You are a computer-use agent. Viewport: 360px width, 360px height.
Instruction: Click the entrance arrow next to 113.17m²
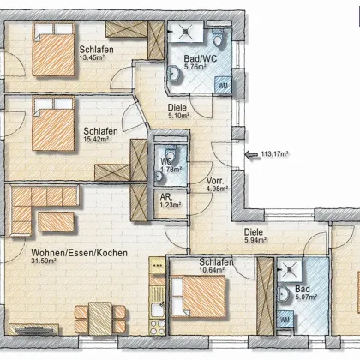tap(251, 154)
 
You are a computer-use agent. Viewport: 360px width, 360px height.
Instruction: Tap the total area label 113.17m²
tap(274, 154)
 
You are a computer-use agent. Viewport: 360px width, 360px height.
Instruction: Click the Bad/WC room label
tap(201, 59)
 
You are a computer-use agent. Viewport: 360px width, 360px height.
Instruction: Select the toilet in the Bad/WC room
tap(218, 38)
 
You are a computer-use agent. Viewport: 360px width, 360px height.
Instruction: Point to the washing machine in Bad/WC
tap(223, 85)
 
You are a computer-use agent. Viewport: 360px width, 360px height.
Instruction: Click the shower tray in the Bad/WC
tap(186, 32)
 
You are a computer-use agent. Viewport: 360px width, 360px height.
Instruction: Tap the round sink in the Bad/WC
tap(174, 74)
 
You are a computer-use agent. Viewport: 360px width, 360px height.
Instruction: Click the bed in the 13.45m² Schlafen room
tap(54, 49)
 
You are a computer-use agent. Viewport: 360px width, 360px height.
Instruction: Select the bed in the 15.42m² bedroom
tap(54, 123)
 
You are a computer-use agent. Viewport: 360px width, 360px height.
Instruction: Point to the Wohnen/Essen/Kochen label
tap(79, 253)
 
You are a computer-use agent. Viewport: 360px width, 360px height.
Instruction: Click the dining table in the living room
tap(100, 319)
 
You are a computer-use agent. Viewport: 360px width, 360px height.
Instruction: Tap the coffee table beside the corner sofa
tap(57, 221)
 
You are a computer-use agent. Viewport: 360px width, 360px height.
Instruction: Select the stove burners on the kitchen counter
tap(158, 327)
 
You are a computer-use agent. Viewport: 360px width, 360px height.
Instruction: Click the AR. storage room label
tap(166, 197)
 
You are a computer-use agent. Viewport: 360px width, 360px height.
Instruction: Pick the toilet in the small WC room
tap(171, 151)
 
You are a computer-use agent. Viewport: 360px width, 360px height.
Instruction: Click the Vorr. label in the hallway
tap(215, 181)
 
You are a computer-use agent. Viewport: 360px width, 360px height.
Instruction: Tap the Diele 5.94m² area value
tap(255, 240)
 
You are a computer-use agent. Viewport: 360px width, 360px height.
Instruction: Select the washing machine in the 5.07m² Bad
tap(285, 320)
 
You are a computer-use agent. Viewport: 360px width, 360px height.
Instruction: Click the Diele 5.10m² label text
tap(177, 108)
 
